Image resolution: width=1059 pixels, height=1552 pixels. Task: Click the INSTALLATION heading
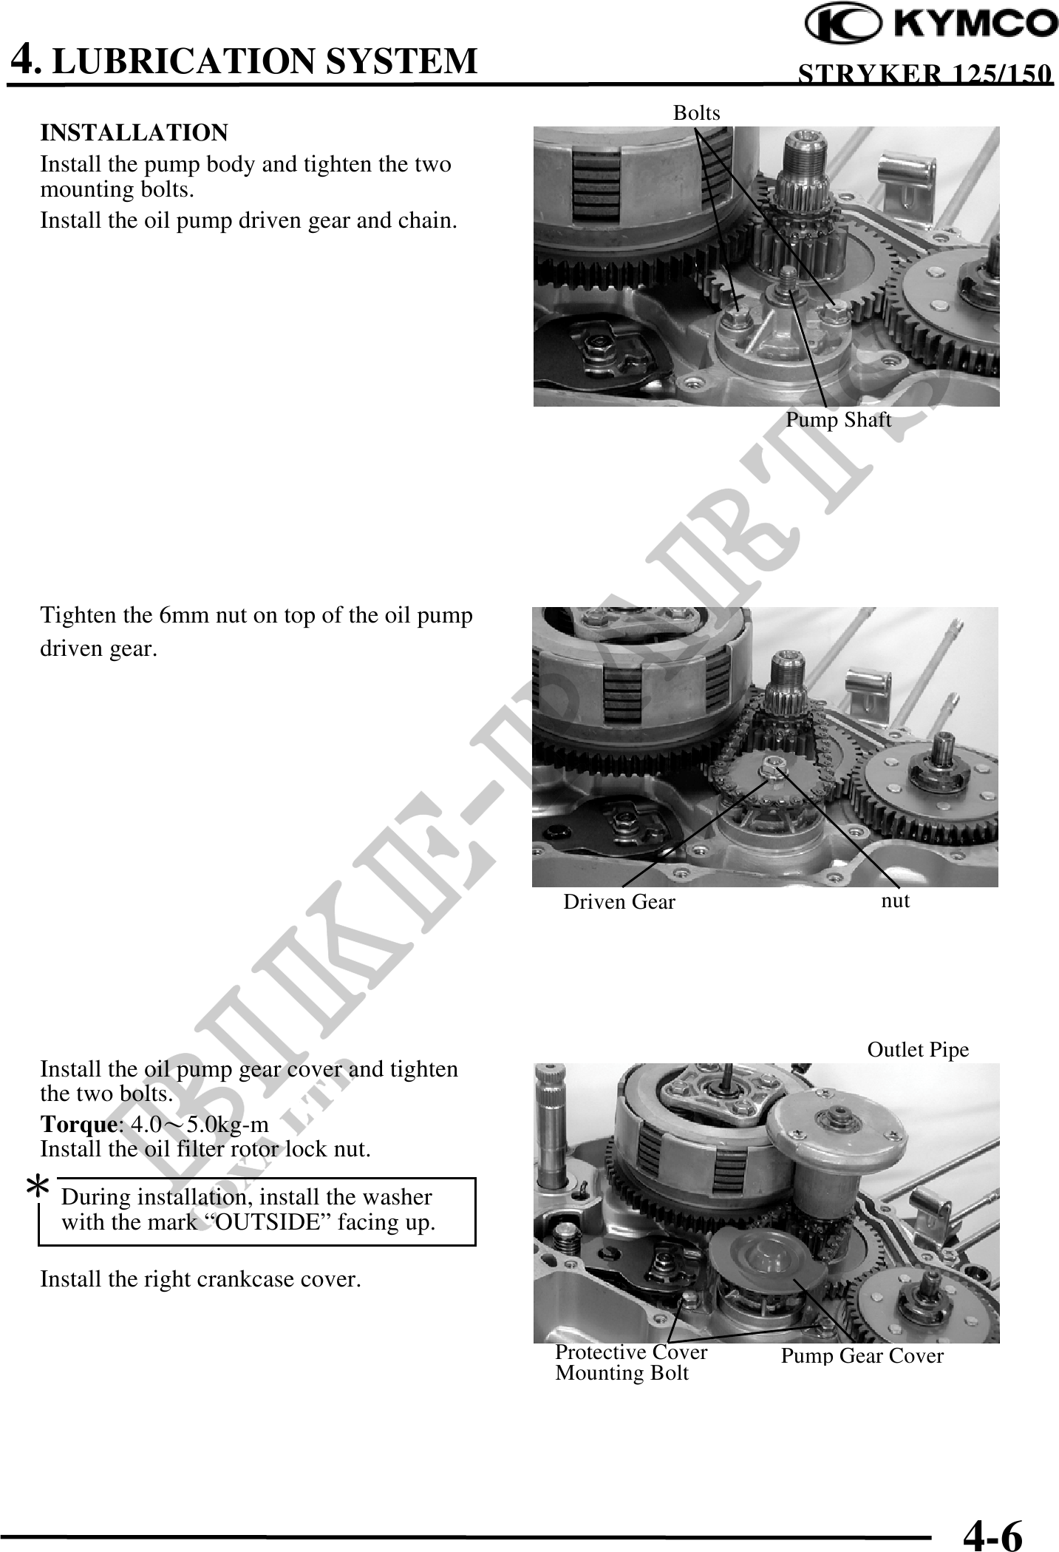point(134,133)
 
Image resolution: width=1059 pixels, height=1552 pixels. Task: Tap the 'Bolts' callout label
point(696,112)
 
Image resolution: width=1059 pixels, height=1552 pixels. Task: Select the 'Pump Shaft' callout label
point(838,420)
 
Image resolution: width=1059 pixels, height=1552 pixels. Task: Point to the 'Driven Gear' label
point(619,902)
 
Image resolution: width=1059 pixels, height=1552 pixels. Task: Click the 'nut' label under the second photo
point(896,901)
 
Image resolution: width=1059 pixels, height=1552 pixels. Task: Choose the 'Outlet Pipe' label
point(918,1050)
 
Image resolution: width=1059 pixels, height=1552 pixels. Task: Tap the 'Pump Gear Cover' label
point(862,1356)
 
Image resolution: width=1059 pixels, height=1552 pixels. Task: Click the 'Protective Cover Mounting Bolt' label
point(631,1363)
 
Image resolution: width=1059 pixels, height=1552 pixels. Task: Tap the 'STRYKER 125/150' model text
point(927,74)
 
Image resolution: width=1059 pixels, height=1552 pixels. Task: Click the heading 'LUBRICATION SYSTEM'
point(265,61)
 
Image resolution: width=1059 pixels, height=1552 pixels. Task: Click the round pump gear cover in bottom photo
point(763,1258)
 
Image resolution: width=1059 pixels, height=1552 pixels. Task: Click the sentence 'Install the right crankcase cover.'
point(200,1279)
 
